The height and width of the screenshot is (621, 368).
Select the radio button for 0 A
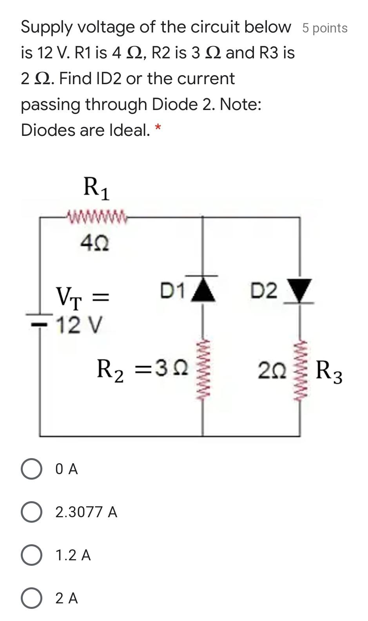(32, 469)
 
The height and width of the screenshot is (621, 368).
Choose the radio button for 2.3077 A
(32, 512)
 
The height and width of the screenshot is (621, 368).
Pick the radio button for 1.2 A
(32, 555)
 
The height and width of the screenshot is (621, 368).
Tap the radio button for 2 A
(32, 598)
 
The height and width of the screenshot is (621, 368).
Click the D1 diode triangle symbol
(203, 289)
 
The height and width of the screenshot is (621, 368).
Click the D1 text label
(172, 291)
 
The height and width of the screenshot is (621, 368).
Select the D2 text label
(264, 291)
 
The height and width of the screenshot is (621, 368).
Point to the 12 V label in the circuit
(80, 325)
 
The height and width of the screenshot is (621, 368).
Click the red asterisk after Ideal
(158, 128)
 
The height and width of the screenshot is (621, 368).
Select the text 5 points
(324, 28)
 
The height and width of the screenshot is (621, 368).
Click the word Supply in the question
(47, 27)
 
